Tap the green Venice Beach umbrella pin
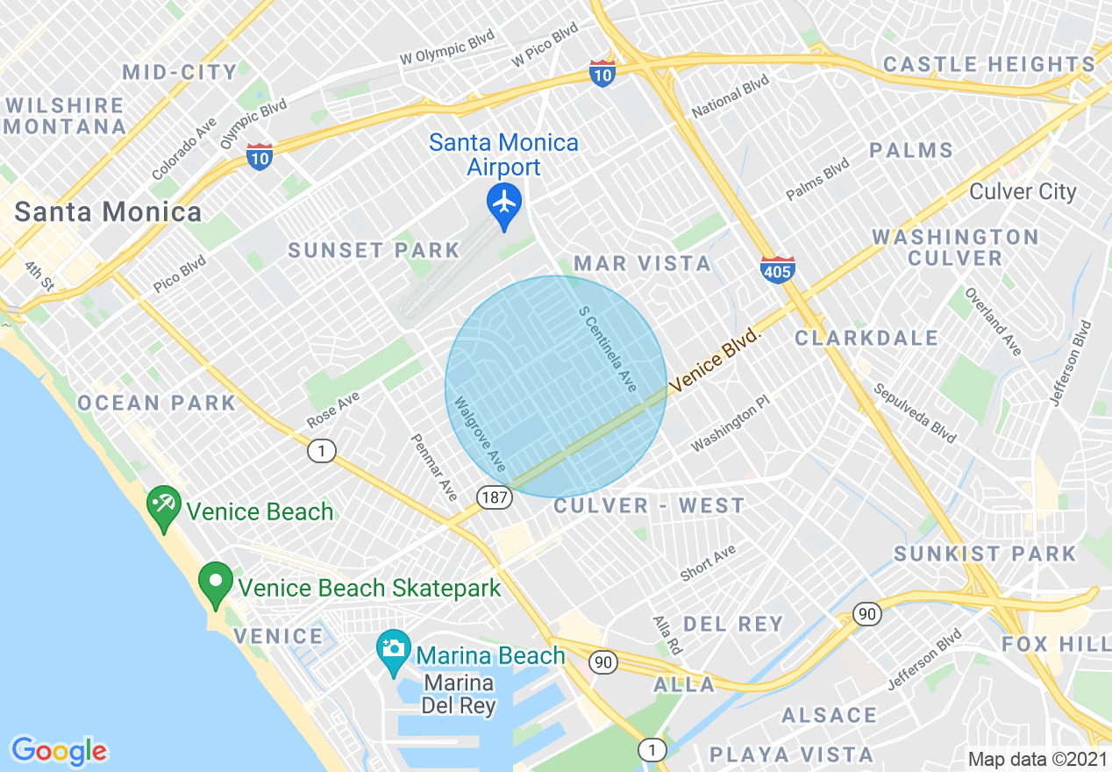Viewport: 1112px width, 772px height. tap(164, 506)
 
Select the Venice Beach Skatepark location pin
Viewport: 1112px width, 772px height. tap(215, 583)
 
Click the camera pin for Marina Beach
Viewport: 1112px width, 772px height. tap(394, 649)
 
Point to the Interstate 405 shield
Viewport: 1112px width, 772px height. tap(777, 269)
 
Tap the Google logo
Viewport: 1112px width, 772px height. tap(59, 750)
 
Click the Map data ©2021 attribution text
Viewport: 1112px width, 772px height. tap(1037, 759)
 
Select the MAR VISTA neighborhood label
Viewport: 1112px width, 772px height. tap(643, 263)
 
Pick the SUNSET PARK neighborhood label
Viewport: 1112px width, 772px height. tap(374, 251)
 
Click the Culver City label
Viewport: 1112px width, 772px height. tap(1023, 192)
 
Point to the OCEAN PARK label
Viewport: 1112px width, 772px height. tap(157, 403)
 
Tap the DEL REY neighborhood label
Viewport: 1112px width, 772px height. tap(732, 624)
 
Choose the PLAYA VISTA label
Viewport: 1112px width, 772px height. tap(791, 754)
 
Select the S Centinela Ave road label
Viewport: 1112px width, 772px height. tap(608, 348)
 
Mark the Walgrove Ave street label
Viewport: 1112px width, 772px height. tap(480, 433)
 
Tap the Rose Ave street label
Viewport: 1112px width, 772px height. tap(333, 410)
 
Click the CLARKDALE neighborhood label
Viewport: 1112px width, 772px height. tap(866, 338)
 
